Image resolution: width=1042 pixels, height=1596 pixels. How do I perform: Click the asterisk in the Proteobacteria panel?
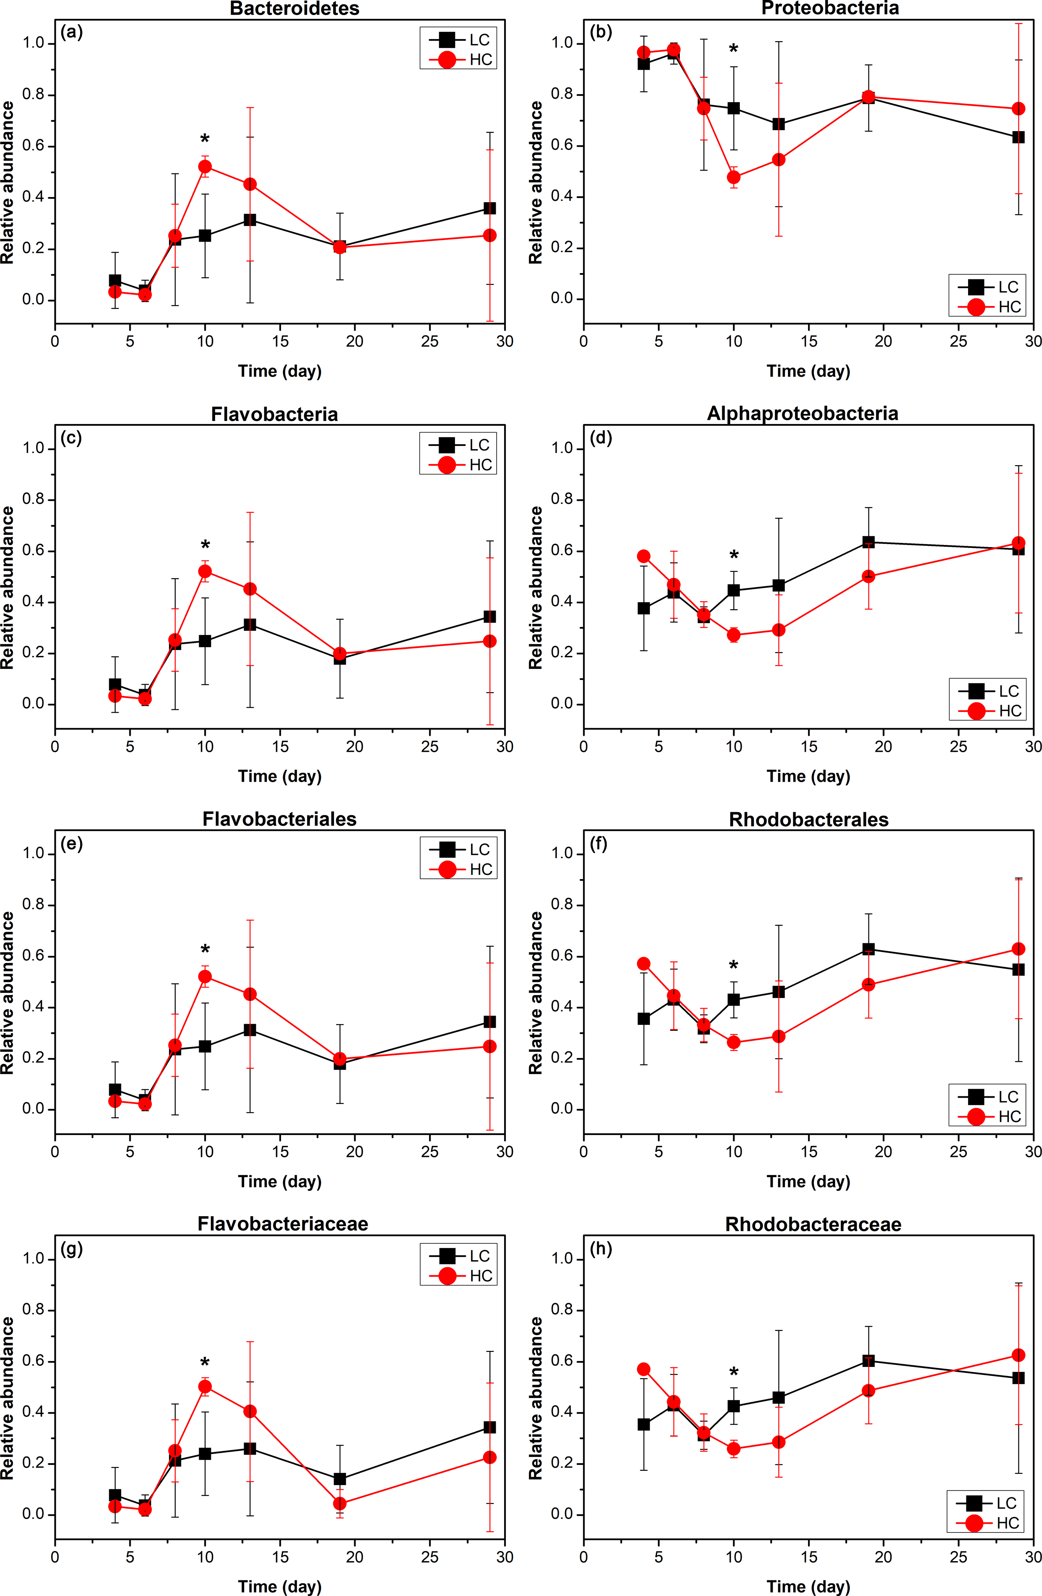[x=734, y=49]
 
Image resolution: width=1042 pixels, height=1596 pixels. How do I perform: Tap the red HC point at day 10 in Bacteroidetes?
[x=205, y=166]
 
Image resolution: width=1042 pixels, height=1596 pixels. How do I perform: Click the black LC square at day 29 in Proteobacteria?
[x=1018, y=137]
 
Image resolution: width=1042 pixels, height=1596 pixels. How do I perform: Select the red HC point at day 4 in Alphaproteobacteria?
[x=644, y=556]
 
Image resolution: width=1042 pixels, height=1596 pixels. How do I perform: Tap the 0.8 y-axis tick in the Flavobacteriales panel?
[x=34, y=905]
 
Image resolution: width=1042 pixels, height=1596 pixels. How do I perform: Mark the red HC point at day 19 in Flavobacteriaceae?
[x=340, y=1504]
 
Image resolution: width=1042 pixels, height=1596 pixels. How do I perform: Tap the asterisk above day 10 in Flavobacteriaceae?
[x=205, y=1363]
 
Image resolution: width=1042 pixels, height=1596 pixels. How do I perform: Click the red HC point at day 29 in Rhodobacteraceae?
[x=1018, y=1355]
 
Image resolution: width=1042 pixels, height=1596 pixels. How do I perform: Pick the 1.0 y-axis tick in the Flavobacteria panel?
[x=34, y=449]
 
